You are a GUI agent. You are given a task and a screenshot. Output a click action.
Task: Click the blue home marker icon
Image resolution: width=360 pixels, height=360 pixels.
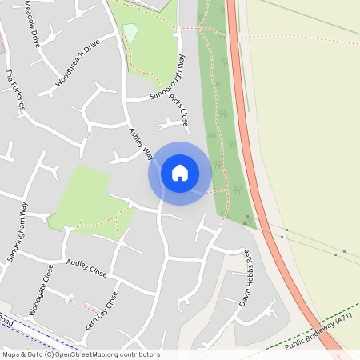[180, 173]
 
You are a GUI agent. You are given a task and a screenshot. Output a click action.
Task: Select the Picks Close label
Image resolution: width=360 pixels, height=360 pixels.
[178, 108]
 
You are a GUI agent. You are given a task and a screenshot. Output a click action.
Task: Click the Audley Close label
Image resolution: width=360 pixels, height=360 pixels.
[86, 266]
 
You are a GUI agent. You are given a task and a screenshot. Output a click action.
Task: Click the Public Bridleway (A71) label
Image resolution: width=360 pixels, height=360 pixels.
[318, 329]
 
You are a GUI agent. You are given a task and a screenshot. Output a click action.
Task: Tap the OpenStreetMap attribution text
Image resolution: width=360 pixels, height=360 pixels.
[80, 354]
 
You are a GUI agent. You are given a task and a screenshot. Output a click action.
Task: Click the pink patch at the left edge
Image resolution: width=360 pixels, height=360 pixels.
[2, 44]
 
